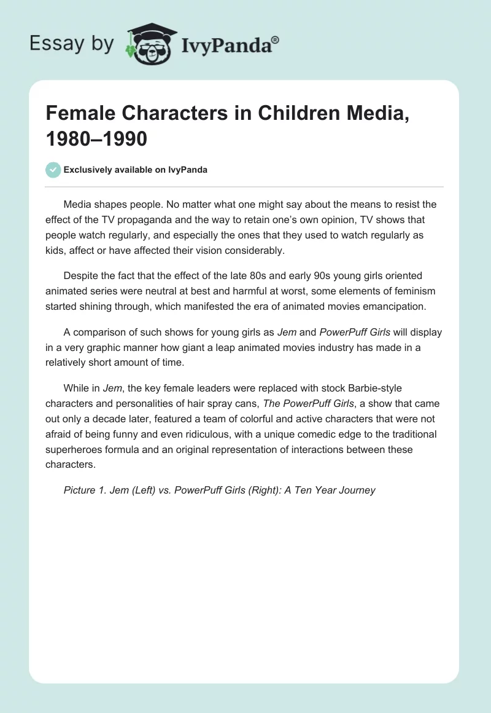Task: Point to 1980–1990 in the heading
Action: pos(96,139)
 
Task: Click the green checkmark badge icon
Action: pos(53,170)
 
